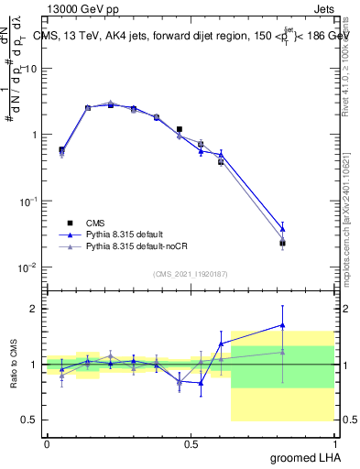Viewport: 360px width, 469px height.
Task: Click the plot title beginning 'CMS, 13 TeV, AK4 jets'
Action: (x=187, y=37)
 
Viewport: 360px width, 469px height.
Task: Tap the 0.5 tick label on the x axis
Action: (x=191, y=443)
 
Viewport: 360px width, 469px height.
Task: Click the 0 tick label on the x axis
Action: (x=47, y=443)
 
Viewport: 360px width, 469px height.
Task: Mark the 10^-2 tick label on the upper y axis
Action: (x=27, y=267)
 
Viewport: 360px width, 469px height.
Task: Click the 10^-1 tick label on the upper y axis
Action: (x=27, y=201)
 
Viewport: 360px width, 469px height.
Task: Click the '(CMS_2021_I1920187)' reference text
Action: (x=190, y=274)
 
